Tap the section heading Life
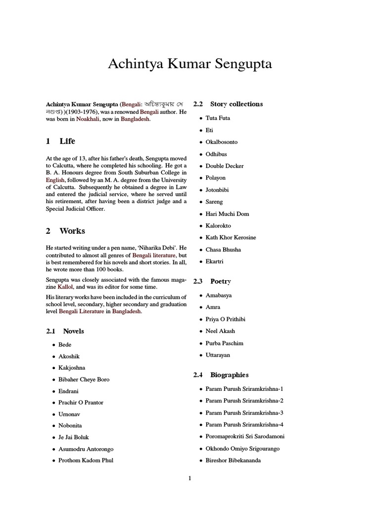[x=67, y=141]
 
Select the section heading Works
[x=72, y=231]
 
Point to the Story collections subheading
[x=236, y=104]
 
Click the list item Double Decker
[x=225, y=166]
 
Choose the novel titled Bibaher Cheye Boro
[x=84, y=379]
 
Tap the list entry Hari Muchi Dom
[x=227, y=214]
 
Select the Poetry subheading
[x=220, y=281]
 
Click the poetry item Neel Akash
[x=220, y=331]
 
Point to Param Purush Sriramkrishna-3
[x=244, y=413]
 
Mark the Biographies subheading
[x=229, y=375]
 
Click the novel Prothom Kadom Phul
[x=86, y=461]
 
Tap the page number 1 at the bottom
[x=190, y=478]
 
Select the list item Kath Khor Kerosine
[x=231, y=238]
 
